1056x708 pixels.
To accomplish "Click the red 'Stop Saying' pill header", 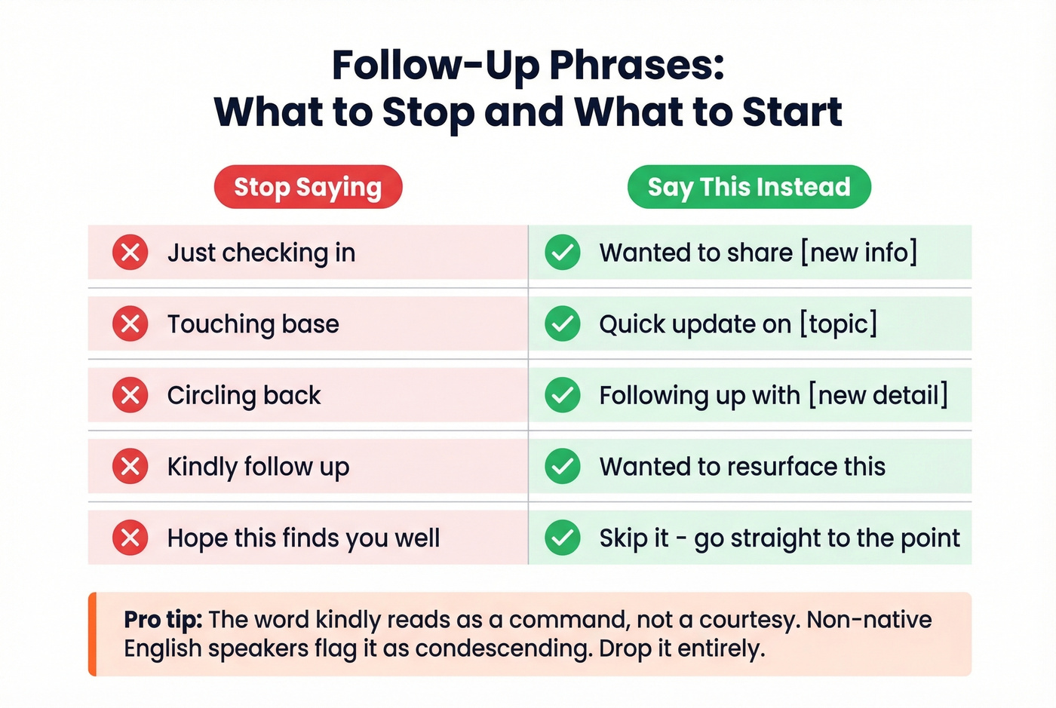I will point(308,187).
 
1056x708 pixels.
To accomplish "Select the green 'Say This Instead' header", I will point(749,187).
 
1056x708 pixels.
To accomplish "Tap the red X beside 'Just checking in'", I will point(130,253).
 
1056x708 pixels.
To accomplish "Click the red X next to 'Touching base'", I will point(130,324).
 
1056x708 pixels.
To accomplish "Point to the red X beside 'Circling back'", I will point(130,395).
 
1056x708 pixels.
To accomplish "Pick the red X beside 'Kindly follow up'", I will point(130,467).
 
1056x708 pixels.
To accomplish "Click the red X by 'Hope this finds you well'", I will point(130,538).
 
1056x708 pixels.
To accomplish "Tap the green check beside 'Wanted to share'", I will point(563,253).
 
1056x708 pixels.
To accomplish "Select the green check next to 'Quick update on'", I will point(563,324).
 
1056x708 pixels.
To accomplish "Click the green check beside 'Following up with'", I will point(563,395).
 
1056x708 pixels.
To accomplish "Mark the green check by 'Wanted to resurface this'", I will point(563,467).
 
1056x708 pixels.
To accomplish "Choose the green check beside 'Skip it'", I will point(563,538).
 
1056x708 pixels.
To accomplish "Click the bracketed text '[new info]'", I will point(859,253).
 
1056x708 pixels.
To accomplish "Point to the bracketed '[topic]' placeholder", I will point(839,324).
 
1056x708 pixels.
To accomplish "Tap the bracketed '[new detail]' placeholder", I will point(878,395).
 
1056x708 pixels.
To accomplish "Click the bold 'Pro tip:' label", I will point(163,620).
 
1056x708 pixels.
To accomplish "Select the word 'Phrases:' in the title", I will point(637,66).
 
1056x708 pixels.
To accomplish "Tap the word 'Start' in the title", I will point(792,112).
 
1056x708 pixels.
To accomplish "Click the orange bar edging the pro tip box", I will point(92,634).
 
